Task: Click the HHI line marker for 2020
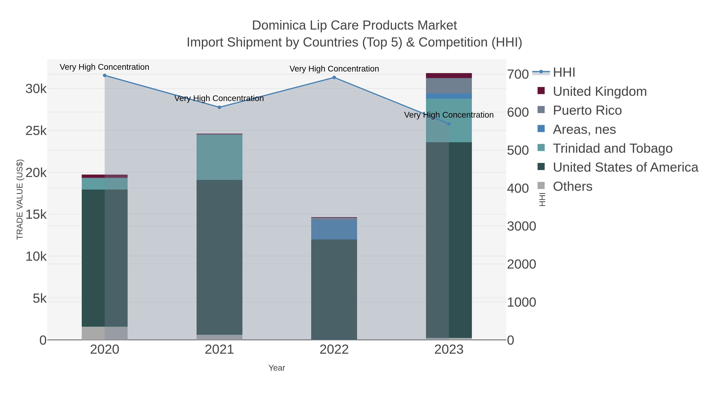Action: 105,75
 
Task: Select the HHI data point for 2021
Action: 219,107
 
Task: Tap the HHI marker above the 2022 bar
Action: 334,78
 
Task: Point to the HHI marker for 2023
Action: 449,124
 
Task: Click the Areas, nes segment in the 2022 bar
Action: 334,230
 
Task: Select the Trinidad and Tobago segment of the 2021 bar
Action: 219,157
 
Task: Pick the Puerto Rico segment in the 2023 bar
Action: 449,86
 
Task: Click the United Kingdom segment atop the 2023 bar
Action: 449,75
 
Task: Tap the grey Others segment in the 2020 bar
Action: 105,333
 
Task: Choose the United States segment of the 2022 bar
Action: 334,289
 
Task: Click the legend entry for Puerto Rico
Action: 587,110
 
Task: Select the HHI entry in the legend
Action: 564,73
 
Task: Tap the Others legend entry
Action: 573,186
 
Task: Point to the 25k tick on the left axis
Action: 36,131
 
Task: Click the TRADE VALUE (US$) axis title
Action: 20,199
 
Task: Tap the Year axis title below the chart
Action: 277,368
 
